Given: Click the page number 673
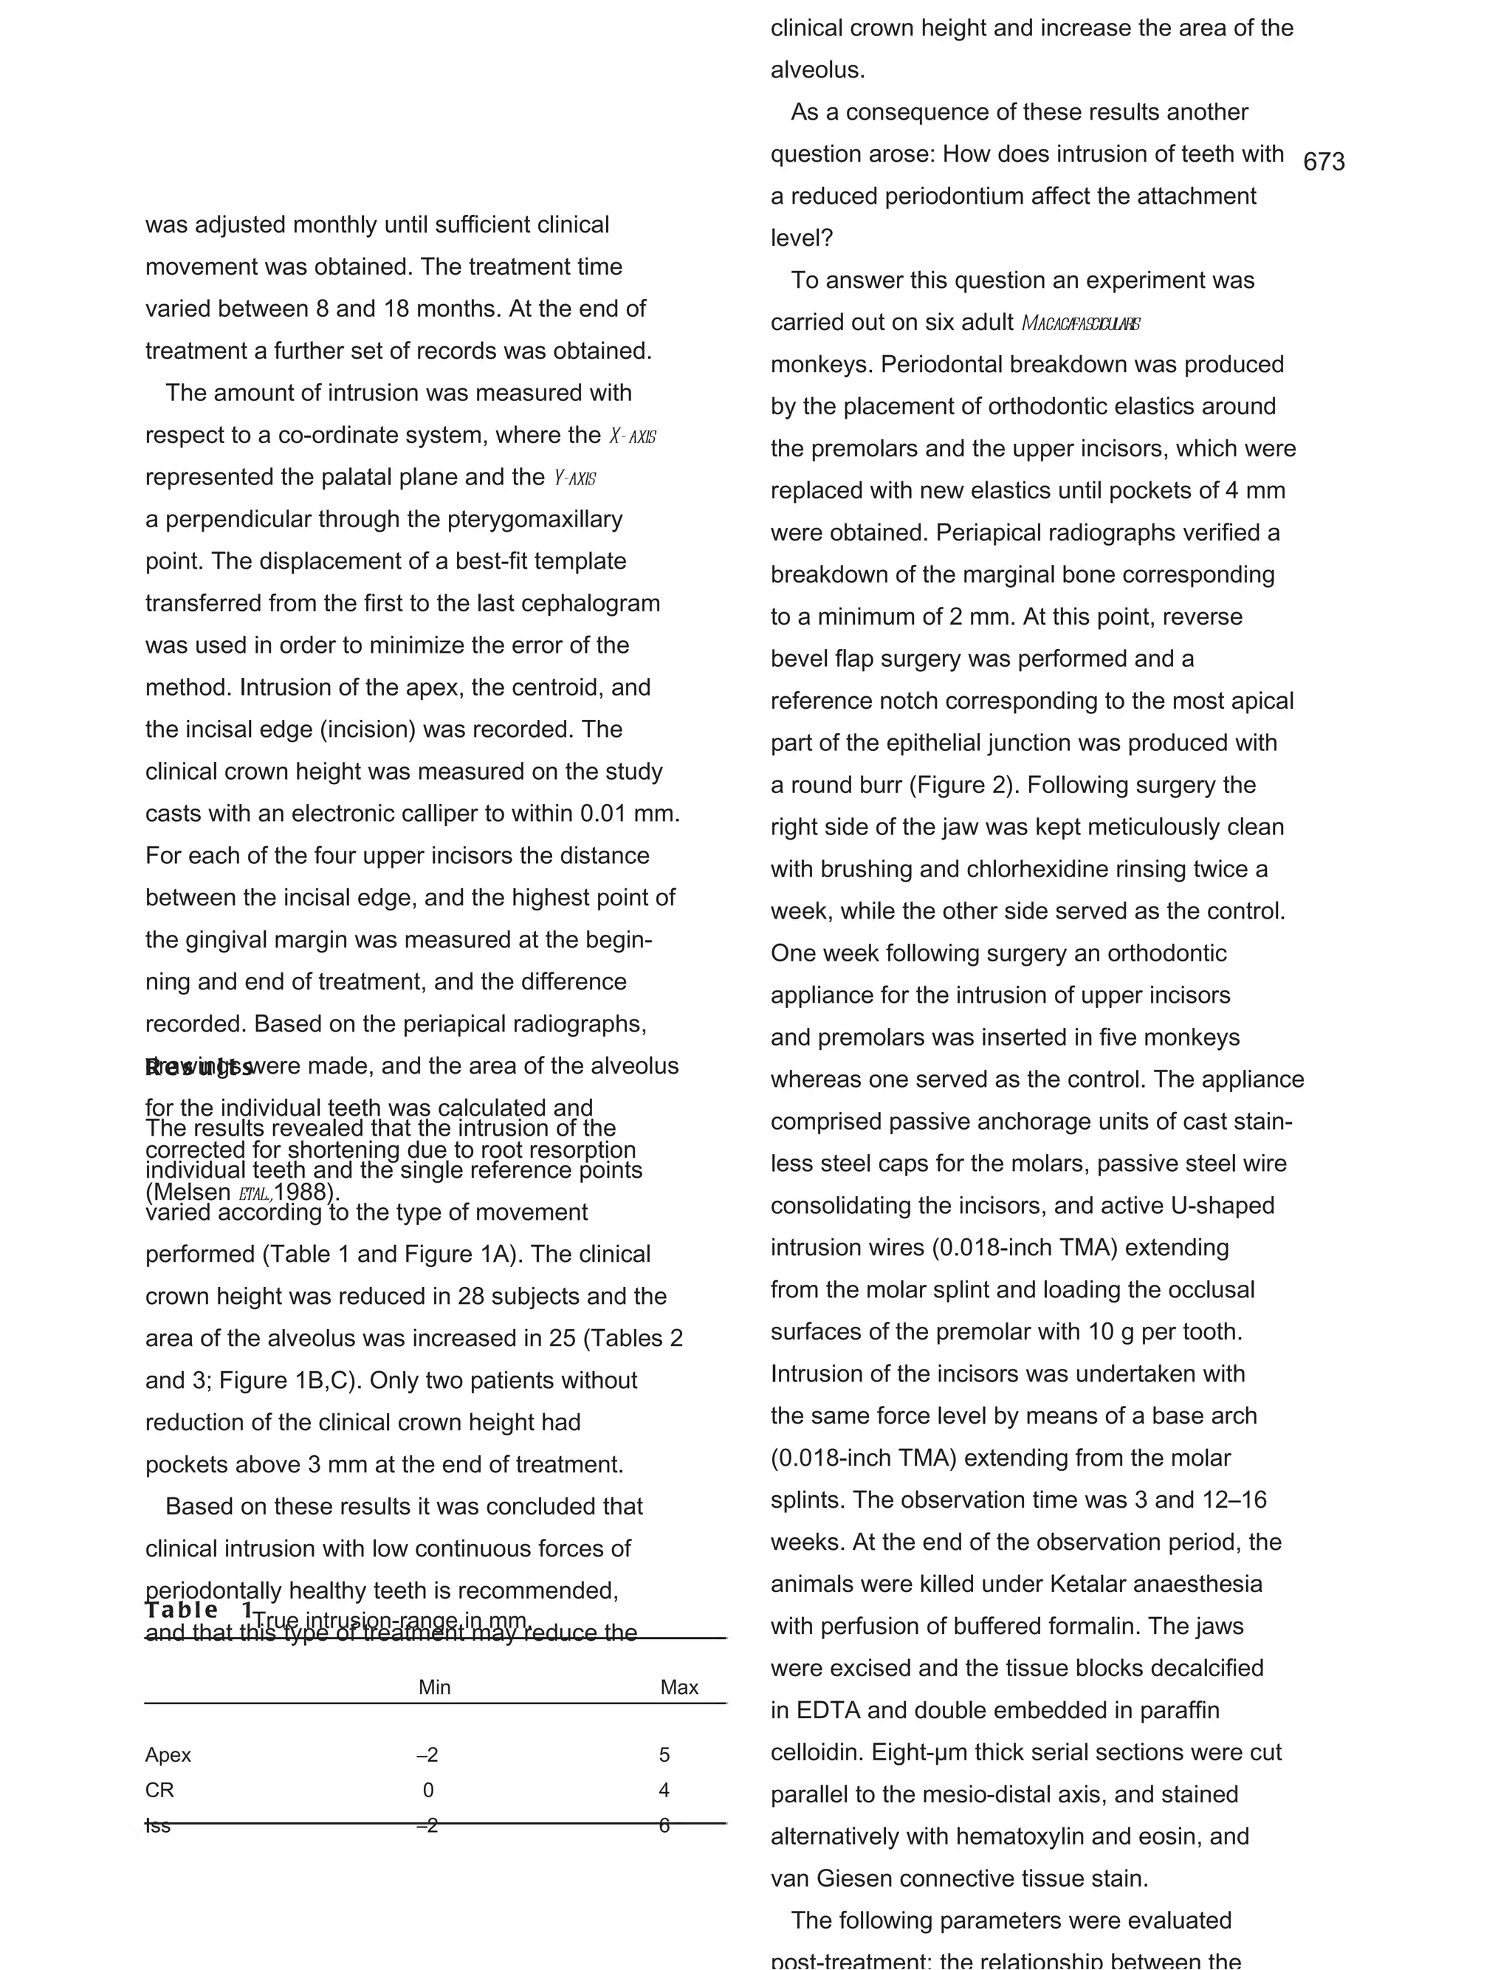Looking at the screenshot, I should (1323, 162).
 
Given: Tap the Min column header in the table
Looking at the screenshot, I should (434, 1687).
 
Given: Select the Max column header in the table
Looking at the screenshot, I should (678, 1687).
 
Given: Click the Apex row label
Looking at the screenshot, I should (168, 1755).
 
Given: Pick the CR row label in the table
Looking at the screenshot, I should (159, 1790).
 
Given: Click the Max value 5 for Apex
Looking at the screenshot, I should (664, 1755).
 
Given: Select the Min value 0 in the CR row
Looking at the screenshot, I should (428, 1790).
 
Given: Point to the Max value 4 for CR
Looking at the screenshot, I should (664, 1790).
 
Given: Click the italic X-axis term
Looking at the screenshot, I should (632, 437).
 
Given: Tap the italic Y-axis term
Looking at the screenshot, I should (574, 478).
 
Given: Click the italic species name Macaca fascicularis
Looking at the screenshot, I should (1080, 324).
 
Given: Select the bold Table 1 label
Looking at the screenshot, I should (198, 1610).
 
